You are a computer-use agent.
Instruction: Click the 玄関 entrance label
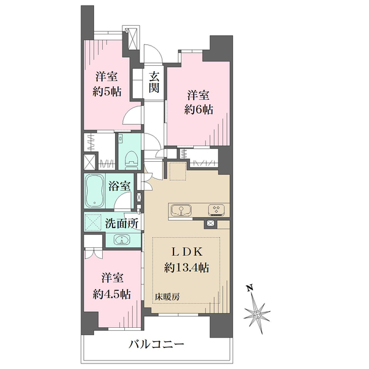(154, 82)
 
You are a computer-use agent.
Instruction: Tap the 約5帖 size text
(107, 91)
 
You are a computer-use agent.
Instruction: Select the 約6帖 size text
(199, 109)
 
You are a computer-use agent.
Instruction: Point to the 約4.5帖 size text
(112, 294)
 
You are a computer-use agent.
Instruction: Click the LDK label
(186, 252)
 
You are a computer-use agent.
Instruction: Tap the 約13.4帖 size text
(186, 268)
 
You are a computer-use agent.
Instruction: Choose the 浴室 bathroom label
(119, 186)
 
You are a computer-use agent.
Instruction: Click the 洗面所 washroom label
(122, 224)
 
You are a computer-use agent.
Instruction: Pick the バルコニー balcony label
(156, 345)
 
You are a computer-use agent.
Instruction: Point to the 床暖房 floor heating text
(167, 297)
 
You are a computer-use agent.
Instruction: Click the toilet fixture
(131, 159)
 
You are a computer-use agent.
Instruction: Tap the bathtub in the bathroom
(95, 191)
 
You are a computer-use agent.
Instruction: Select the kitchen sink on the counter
(181, 210)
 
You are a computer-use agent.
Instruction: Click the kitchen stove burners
(216, 210)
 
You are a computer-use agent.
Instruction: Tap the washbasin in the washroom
(122, 240)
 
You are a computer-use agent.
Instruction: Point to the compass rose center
(256, 314)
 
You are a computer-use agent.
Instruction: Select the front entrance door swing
(153, 54)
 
